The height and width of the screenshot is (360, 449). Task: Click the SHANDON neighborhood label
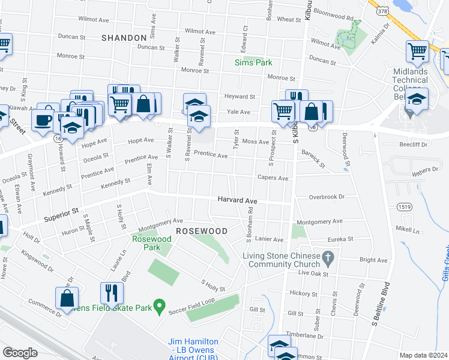(x=124, y=37)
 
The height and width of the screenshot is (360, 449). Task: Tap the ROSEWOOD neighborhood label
(x=201, y=231)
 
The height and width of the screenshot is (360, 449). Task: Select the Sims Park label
(x=253, y=62)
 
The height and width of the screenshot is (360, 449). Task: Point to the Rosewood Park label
(x=152, y=243)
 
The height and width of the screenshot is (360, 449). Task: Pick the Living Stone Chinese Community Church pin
(x=328, y=259)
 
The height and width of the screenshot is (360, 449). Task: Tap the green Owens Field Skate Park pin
(x=159, y=307)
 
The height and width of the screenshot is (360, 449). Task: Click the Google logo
(x=20, y=353)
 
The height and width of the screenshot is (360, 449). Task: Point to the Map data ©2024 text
(x=424, y=355)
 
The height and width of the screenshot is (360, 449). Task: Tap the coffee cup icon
(x=43, y=119)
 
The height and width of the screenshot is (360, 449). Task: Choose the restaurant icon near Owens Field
(x=112, y=293)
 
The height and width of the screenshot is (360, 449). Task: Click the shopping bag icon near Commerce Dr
(x=67, y=298)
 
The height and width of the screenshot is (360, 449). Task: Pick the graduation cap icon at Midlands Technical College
(x=416, y=99)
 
